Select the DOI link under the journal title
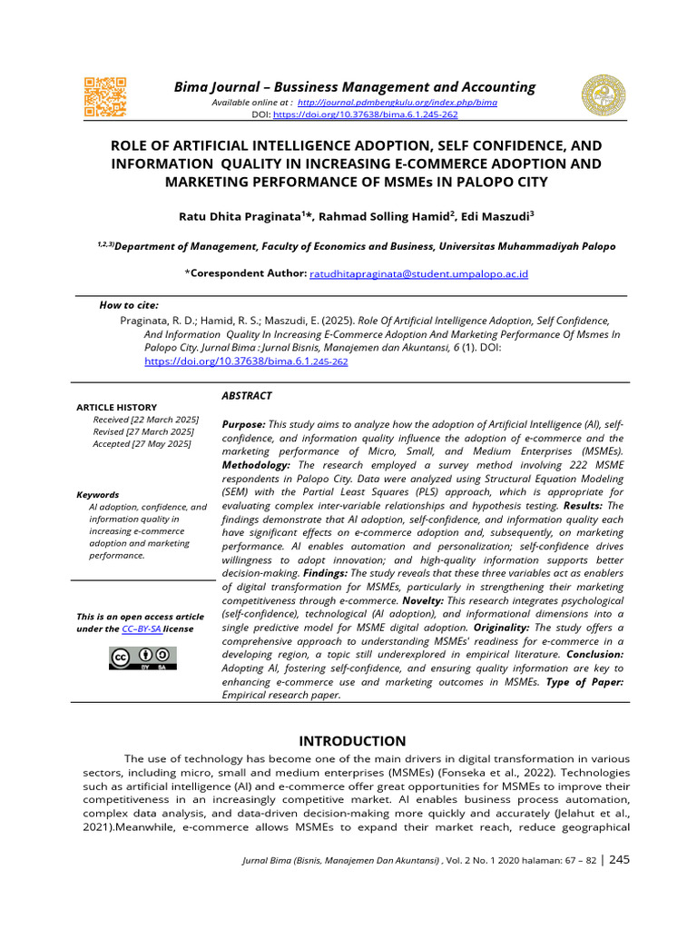click(x=365, y=115)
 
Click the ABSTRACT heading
click(x=246, y=396)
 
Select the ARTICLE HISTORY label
click(x=116, y=408)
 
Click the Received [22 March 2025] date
click(x=145, y=420)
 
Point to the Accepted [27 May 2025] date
click(x=142, y=443)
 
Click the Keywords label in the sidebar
click(x=97, y=495)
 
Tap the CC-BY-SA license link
click(x=142, y=628)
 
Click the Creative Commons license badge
click(x=142, y=658)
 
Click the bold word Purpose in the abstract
click(x=243, y=425)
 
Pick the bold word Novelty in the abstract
click(x=466, y=601)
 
